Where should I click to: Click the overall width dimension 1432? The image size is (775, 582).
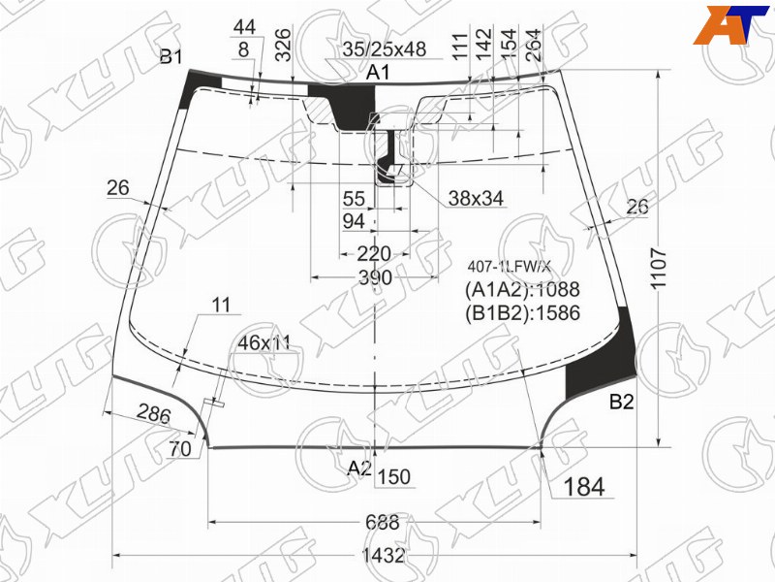tap(383, 555)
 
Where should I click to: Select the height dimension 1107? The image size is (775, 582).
tap(660, 269)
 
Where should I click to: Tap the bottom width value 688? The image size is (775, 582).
tap(383, 522)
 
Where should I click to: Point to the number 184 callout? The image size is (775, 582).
tap(584, 487)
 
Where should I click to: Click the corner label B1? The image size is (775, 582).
tap(171, 57)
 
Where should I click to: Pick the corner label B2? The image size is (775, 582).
tap(621, 402)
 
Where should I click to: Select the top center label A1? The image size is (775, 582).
tap(378, 73)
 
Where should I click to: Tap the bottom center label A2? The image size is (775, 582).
tap(359, 468)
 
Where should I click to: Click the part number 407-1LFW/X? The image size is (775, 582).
tap(509, 268)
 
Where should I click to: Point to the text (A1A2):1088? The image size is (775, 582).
tap(522, 289)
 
